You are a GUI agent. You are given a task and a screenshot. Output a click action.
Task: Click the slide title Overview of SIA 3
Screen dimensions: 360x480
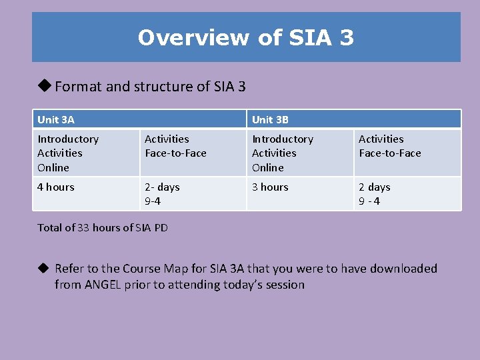[245, 37]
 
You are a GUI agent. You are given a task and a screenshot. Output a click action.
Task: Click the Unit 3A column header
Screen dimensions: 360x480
[56, 120]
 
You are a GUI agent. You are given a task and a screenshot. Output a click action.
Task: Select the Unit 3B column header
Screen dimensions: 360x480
[270, 120]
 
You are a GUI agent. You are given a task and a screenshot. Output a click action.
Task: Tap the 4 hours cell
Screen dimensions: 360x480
[56, 187]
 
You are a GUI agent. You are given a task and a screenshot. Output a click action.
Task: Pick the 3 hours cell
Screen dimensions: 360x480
[270, 187]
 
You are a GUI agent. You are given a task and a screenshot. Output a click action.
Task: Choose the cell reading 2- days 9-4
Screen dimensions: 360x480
[162, 194]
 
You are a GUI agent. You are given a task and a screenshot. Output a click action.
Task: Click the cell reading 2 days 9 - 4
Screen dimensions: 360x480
[375, 194]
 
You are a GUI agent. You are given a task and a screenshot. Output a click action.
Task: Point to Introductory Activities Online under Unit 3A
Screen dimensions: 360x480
[68, 153]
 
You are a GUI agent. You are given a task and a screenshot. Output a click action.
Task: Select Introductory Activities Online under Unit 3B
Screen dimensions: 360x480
[282, 153]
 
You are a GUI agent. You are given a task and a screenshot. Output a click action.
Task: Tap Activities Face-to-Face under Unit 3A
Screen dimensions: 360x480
[175, 146]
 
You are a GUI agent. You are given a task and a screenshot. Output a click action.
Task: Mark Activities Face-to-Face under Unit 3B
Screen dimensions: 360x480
[389, 146]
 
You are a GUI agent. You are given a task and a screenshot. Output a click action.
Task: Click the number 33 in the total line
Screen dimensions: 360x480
[83, 228]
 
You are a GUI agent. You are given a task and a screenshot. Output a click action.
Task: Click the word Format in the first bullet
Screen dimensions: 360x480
[75, 86]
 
